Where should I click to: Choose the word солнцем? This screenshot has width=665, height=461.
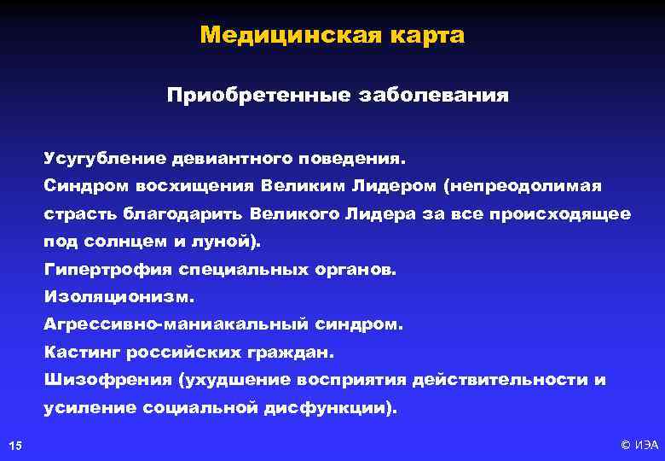[x=122, y=242]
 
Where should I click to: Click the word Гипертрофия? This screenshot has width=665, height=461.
[x=107, y=269]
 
